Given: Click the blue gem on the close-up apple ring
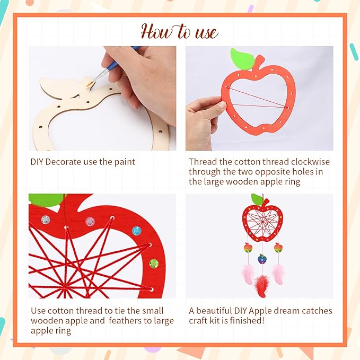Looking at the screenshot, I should coord(137,231).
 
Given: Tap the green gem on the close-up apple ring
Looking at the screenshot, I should coord(153,263).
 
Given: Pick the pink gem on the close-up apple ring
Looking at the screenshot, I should coord(91,221).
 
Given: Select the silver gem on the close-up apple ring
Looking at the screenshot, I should coord(46,219).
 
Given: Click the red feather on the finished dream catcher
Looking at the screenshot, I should coord(261,286).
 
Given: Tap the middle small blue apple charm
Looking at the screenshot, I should coord(262,259).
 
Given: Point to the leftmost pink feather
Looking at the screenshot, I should coord(248,275).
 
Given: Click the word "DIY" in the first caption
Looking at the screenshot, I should coord(38,162).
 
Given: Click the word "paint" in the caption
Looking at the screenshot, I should coord(125,162).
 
